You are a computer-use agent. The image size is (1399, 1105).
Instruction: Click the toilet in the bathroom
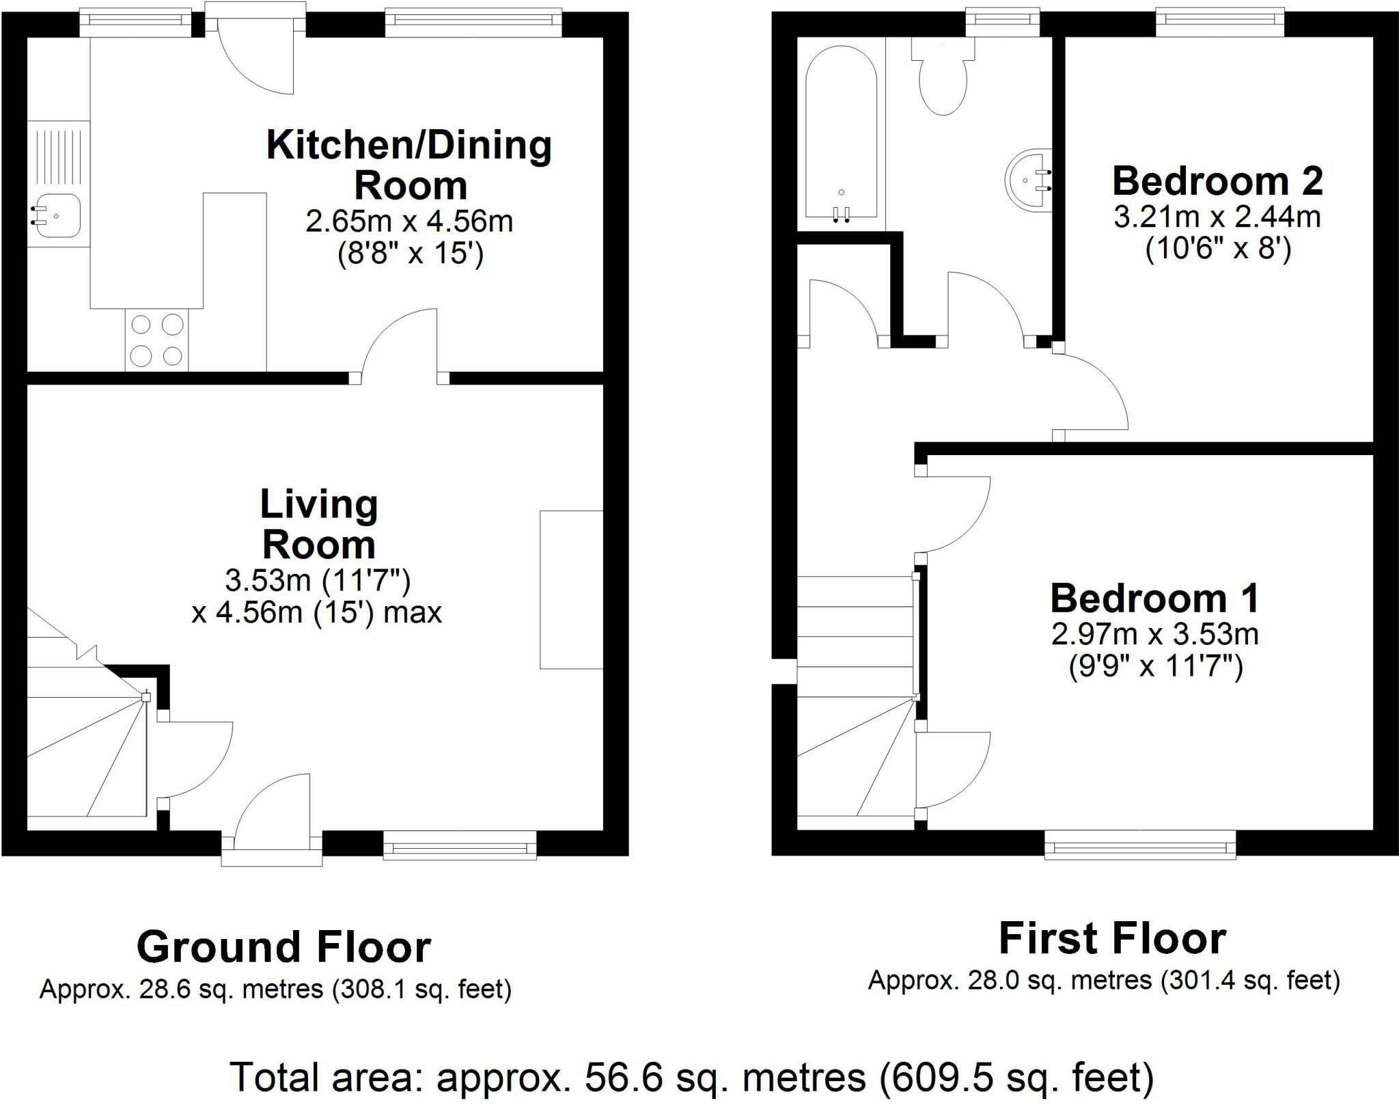click(x=943, y=76)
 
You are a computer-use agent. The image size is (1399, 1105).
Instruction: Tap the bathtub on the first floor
click(x=842, y=133)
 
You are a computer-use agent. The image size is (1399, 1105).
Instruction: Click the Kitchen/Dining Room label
click(x=409, y=165)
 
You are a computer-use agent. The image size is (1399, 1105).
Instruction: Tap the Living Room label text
click(x=319, y=524)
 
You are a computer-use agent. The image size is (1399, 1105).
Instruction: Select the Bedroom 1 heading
click(x=1154, y=599)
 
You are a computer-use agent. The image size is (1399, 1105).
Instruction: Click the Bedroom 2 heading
click(x=1218, y=181)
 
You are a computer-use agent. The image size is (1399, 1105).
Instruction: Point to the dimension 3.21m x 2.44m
click(x=1217, y=217)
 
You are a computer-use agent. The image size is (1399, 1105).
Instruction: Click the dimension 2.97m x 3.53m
click(x=1154, y=635)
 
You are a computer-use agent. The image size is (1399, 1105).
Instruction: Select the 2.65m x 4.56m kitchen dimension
click(x=409, y=221)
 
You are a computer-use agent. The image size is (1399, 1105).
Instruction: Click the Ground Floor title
click(x=283, y=947)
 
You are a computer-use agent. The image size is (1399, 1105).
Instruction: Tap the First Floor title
click(x=1112, y=939)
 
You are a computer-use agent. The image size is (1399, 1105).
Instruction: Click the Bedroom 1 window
click(x=1140, y=844)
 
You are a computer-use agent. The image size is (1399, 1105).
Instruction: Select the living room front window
click(x=460, y=845)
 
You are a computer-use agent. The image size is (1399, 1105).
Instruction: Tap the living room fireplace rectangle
click(x=571, y=589)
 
